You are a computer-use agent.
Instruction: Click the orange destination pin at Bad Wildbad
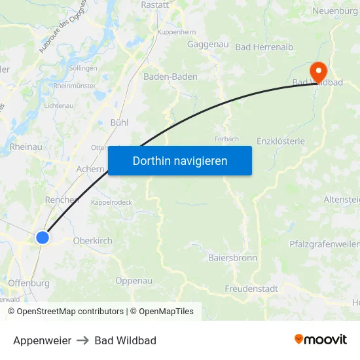pyautogui.click(x=319, y=71)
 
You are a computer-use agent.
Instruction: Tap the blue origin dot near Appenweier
pyautogui.click(x=43, y=237)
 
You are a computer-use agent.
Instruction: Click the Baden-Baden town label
pyautogui.click(x=170, y=77)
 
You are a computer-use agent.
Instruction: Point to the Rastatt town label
pyautogui.click(x=155, y=5)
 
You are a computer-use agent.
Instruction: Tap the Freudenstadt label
pyautogui.click(x=251, y=289)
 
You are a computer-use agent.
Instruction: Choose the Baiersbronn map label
pyautogui.click(x=232, y=258)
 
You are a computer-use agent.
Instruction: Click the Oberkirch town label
pyautogui.click(x=92, y=241)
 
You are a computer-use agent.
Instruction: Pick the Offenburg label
pyautogui.click(x=29, y=283)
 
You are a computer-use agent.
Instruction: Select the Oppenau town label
pyautogui.click(x=134, y=281)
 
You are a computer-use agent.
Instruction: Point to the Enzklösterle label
pyautogui.click(x=281, y=141)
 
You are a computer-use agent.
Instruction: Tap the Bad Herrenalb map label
pyautogui.click(x=261, y=47)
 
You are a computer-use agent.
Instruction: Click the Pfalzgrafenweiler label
pyautogui.click(x=324, y=244)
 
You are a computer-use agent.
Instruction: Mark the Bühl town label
pyautogui.click(x=119, y=122)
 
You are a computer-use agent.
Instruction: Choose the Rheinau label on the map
pyautogui.click(x=26, y=147)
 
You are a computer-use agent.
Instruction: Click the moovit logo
pyautogui.click(x=320, y=340)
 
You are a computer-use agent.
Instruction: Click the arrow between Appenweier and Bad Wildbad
pyautogui.click(x=82, y=340)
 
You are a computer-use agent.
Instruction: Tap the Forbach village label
pyautogui.click(x=226, y=139)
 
